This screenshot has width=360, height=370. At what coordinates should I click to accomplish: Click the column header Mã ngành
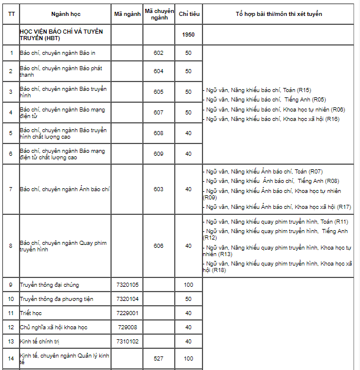tap(127, 13)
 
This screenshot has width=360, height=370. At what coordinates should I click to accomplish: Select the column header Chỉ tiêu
tap(188, 13)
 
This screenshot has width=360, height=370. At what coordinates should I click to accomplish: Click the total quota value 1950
tap(188, 34)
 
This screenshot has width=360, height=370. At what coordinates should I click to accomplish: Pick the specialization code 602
tap(158, 53)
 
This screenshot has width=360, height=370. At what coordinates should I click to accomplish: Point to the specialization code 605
tap(158, 91)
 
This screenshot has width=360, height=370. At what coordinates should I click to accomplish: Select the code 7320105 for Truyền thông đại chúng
tap(127, 285)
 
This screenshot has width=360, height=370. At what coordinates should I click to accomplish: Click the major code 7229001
tap(127, 313)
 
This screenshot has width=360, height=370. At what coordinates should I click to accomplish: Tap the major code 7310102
tap(127, 341)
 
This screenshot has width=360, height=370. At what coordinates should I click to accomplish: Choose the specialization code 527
tap(158, 358)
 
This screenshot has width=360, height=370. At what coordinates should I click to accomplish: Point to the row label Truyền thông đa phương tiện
tap(56, 299)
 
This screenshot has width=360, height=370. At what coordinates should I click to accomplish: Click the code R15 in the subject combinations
tap(305, 90)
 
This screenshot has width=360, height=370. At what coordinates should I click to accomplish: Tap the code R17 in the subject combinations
tap(344, 207)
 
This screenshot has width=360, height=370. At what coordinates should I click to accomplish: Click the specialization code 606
tap(158, 245)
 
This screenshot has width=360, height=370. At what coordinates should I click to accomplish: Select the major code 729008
tap(127, 327)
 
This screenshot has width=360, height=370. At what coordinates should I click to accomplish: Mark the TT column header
tap(11, 13)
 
